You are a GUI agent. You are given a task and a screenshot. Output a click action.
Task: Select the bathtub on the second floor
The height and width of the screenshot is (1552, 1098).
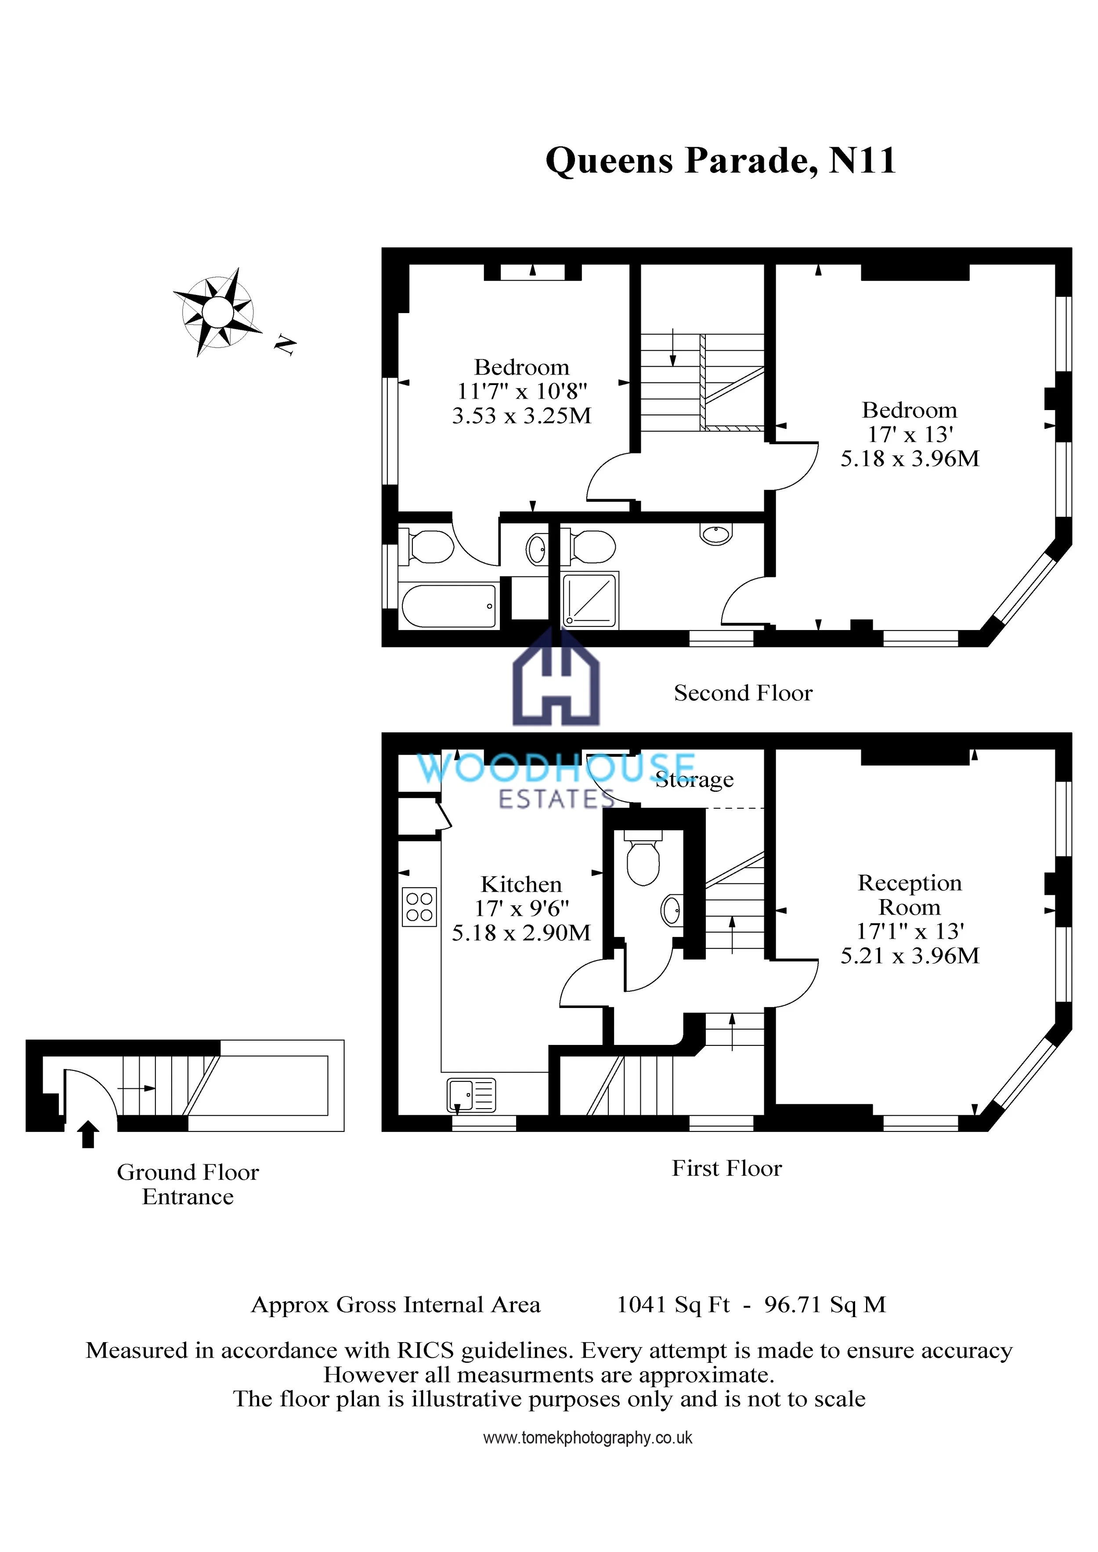point(449,606)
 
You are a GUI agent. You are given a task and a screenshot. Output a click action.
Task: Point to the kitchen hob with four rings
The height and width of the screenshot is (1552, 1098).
point(419,907)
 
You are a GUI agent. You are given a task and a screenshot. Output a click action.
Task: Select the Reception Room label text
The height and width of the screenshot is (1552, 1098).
point(910,894)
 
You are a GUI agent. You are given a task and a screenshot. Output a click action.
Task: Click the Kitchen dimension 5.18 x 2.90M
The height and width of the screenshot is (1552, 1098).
point(521,933)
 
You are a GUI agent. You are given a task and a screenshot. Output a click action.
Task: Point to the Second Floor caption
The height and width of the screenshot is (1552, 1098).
point(743,693)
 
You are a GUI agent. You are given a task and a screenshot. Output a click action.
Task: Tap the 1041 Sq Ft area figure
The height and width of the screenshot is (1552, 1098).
point(673,1304)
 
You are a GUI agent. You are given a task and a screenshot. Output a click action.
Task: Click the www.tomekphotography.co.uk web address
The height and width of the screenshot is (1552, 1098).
point(588,1438)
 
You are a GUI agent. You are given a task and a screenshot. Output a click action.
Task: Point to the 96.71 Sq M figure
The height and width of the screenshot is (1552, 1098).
point(825,1304)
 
